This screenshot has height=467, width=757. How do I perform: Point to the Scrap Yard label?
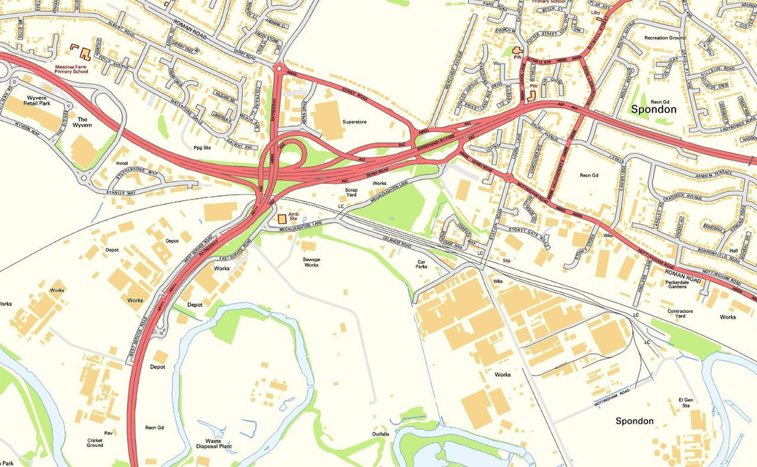click(x=351, y=193)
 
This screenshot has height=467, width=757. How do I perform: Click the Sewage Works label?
click(x=311, y=262)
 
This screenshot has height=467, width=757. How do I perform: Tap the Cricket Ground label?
click(x=95, y=443)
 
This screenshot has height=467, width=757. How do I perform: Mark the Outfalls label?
click(x=381, y=434)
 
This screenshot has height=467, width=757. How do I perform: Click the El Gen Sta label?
click(x=686, y=402)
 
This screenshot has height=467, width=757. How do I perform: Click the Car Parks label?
click(x=421, y=265)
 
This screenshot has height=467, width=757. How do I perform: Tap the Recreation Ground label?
click(x=664, y=38)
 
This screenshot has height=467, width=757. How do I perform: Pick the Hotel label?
click(x=121, y=163)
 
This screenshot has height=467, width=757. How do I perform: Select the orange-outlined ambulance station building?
click(x=282, y=218)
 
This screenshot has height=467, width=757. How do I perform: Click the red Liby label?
click(x=596, y=13)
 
